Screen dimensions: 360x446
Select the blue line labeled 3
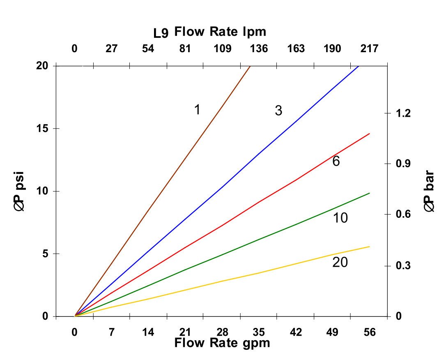pyautogui.click(x=222, y=188)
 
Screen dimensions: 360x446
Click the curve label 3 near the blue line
pyautogui.click(x=278, y=111)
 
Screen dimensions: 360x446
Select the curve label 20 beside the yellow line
pyautogui.click(x=340, y=262)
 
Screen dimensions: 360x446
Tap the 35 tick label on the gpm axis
pyautogui.click(x=259, y=332)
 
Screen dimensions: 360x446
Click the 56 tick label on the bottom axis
pyautogui.click(x=370, y=332)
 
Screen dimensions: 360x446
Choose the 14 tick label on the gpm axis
pyautogui.click(x=148, y=332)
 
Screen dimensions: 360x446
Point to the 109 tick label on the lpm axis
pyautogui.click(x=222, y=49)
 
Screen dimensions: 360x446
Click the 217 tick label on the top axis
pyautogui.click(x=369, y=49)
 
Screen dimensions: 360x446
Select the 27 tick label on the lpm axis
pyautogui.click(x=111, y=49)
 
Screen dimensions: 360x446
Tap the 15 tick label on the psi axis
pyautogui.click(x=42, y=129)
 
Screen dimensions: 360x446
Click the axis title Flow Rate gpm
pyautogui.click(x=222, y=343)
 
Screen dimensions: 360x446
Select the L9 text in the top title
pyautogui.click(x=161, y=32)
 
